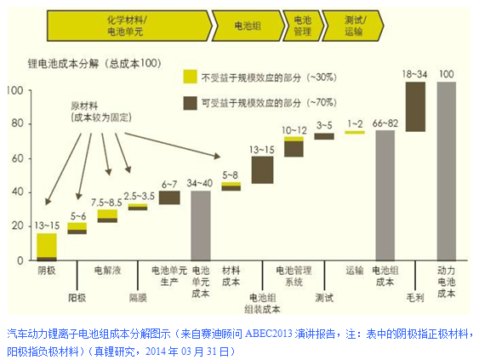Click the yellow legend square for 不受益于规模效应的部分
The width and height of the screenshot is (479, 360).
(191, 77)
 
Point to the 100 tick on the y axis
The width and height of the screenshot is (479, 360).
(14, 90)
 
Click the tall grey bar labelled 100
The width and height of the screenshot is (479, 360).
(446, 170)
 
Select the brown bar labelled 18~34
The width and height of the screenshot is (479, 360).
(415, 106)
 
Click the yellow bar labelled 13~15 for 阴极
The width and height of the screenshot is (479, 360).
(47, 244)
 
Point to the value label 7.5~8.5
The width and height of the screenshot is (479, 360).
(106, 203)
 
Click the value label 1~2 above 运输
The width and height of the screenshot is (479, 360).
(355, 124)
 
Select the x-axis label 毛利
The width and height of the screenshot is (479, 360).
(415, 298)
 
